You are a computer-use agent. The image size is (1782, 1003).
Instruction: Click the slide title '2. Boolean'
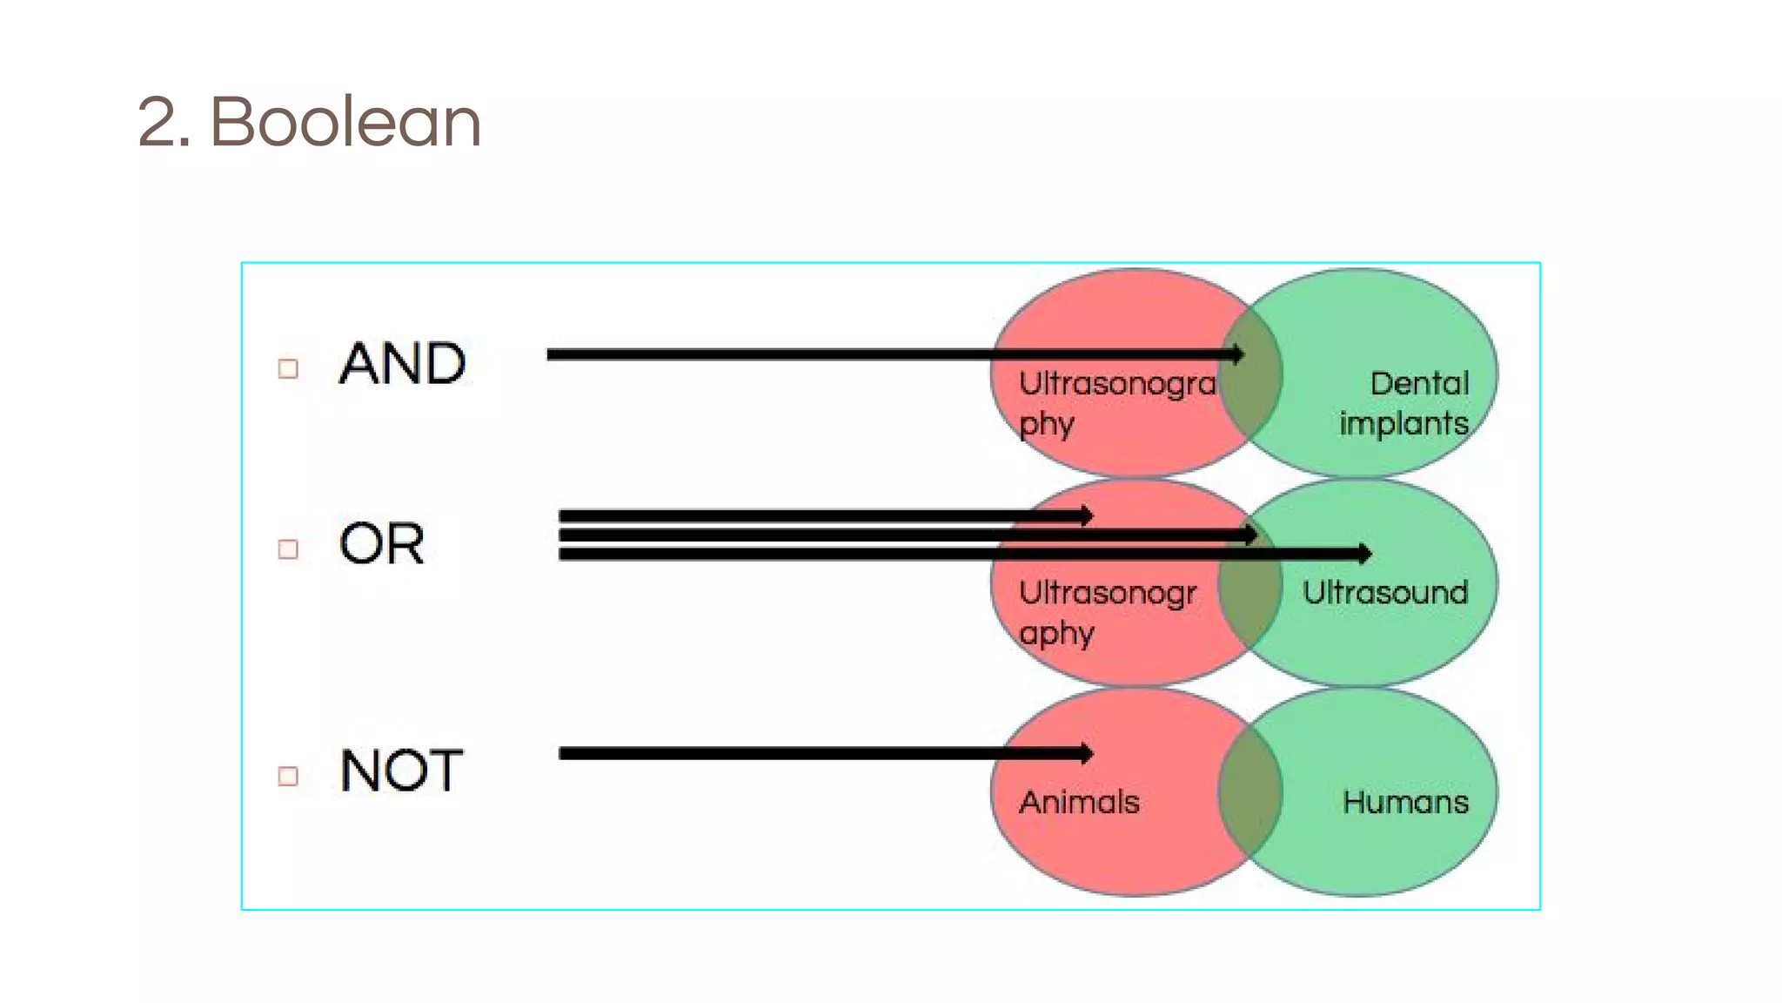pyautogui.click(x=309, y=122)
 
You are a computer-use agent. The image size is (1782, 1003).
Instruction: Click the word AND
pyautogui.click(x=402, y=363)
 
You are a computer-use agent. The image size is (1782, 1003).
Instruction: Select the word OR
pyautogui.click(x=382, y=543)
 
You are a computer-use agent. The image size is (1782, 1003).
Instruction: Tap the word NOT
pyautogui.click(x=401, y=771)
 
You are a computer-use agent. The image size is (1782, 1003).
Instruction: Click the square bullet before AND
pyautogui.click(x=288, y=368)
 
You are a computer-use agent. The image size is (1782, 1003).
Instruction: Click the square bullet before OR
pyautogui.click(x=288, y=549)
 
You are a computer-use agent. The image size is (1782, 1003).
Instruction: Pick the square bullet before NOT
pyautogui.click(x=288, y=776)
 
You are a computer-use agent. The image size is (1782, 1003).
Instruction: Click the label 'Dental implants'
pyautogui.click(x=1403, y=403)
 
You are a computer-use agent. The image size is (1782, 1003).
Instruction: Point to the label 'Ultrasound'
pyautogui.click(x=1385, y=593)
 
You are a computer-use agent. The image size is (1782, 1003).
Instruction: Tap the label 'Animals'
pyautogui.click(x=1079, y=802)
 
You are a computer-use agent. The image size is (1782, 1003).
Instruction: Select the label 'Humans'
pyautogui.click(x=1405, y=802)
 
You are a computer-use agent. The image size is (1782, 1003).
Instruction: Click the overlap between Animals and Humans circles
pyautogui.click(x=1250, y=792)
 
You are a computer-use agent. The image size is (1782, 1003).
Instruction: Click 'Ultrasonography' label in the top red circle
pyautogui.click(x=1116, y=403)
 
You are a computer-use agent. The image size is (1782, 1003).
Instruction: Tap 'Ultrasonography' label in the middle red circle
pyautogui.click(x=1107, y=612)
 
